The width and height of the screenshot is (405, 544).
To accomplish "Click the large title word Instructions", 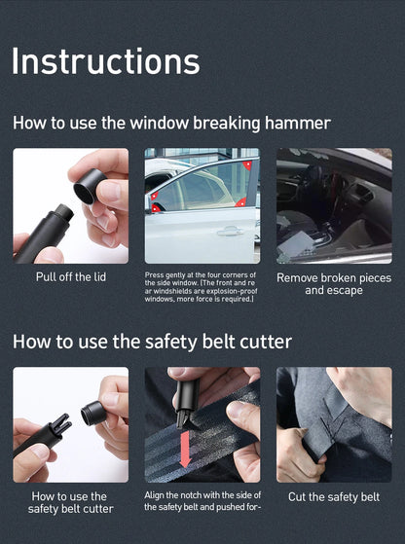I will [x=105, y=61].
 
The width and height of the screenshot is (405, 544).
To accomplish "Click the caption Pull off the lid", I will [x=71, y=277].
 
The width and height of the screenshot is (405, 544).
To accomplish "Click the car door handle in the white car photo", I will [x=228, y=232].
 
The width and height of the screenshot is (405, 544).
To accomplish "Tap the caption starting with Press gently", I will [x=202, y=287].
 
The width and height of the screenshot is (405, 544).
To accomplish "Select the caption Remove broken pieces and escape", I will [x=334, y=283].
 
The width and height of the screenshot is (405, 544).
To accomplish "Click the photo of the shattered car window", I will [x=334, y=205].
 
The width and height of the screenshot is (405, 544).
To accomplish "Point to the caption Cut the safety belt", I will [x=334, y=497].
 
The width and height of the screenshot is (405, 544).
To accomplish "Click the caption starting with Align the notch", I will [x=202, y=501].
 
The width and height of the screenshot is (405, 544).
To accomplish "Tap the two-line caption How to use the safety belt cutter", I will [x=71, y=502].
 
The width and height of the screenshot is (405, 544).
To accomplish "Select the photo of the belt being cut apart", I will [x=334, y=424].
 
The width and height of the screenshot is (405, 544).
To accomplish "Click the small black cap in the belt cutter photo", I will [x=93, y=412].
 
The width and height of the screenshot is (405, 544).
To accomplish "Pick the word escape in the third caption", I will [x=347, y=290].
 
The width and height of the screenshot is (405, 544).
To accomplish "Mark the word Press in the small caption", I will [x=154, y=275].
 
